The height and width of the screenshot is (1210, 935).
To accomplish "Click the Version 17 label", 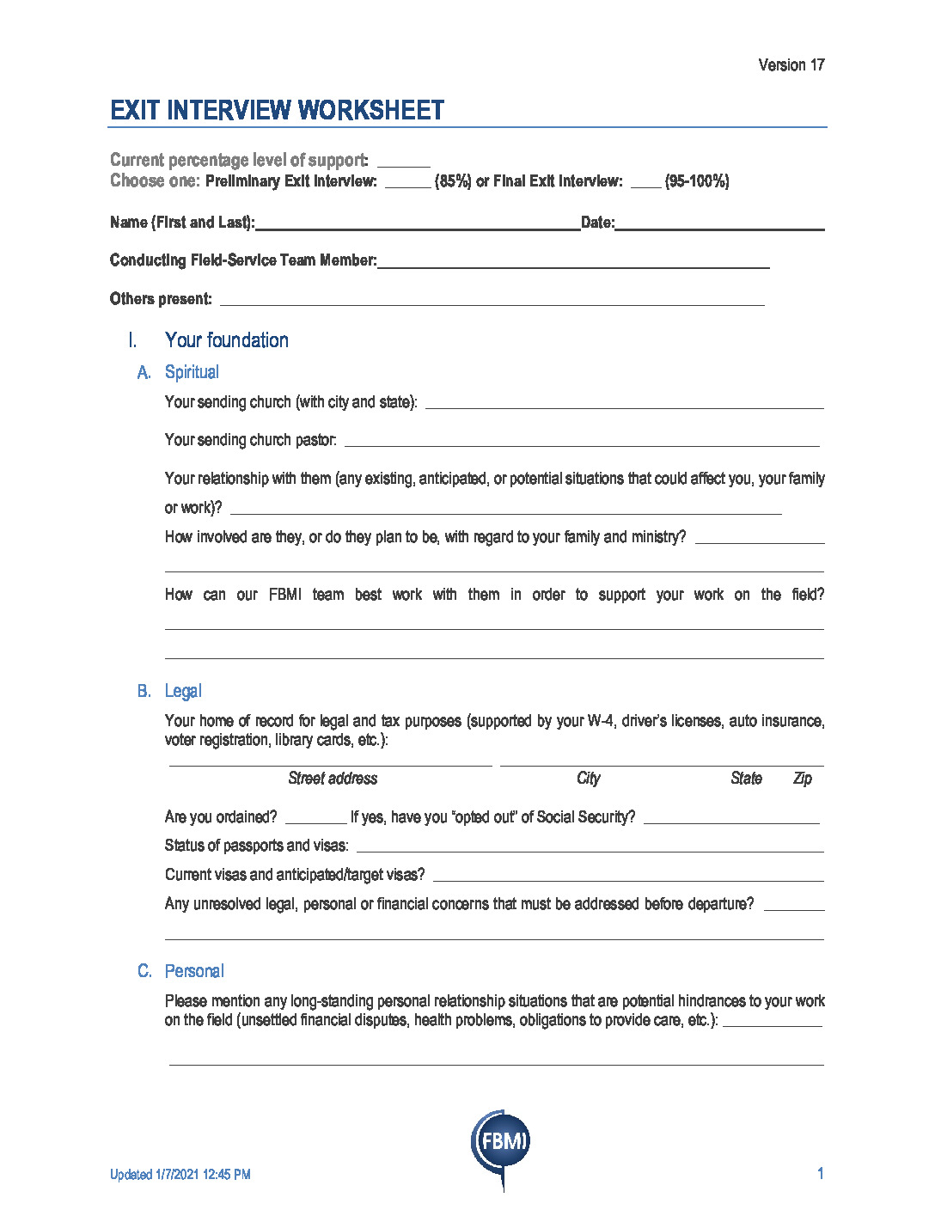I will point(791,65).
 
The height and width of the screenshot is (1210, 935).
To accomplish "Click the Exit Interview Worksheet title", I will point(277,110).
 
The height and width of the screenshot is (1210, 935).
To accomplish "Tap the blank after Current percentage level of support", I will point(403,164).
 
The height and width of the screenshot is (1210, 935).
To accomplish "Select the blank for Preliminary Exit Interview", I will point(407,185).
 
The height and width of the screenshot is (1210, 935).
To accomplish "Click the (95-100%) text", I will point(696,181).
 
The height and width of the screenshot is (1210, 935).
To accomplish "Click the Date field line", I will point(719,228).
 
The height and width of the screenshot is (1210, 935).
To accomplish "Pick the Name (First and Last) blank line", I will point(418,228).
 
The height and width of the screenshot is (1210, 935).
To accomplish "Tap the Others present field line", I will point(492,303).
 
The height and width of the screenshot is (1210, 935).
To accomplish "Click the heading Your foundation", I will point(226,340).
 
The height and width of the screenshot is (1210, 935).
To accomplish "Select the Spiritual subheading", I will point(192,372).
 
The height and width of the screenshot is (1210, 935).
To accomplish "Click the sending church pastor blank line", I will point(581,444).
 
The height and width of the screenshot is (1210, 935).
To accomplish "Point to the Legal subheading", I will point(183,691).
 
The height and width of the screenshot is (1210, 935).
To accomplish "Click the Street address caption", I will point(333,779).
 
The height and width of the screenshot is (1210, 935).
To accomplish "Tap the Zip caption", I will point(802,779).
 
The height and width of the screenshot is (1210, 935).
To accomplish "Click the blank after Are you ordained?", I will point(315,822).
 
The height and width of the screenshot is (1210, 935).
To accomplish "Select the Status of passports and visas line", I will point(590,850).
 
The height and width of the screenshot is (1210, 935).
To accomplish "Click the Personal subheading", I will point(194,971).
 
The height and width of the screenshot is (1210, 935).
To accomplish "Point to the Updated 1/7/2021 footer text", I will point(180,1175).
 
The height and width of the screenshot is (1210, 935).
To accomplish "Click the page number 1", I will point(821,1174).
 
